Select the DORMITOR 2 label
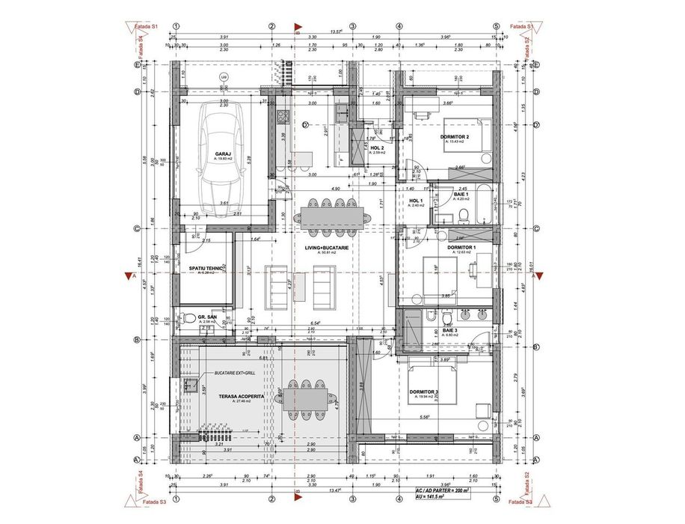point(454,137)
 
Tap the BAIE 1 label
point(461,194)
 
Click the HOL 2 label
point(377,147)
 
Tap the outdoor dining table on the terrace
point(306,397)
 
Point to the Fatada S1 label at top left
point(145,27)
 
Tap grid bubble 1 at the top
point(175,25)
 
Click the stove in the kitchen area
point(283,116)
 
